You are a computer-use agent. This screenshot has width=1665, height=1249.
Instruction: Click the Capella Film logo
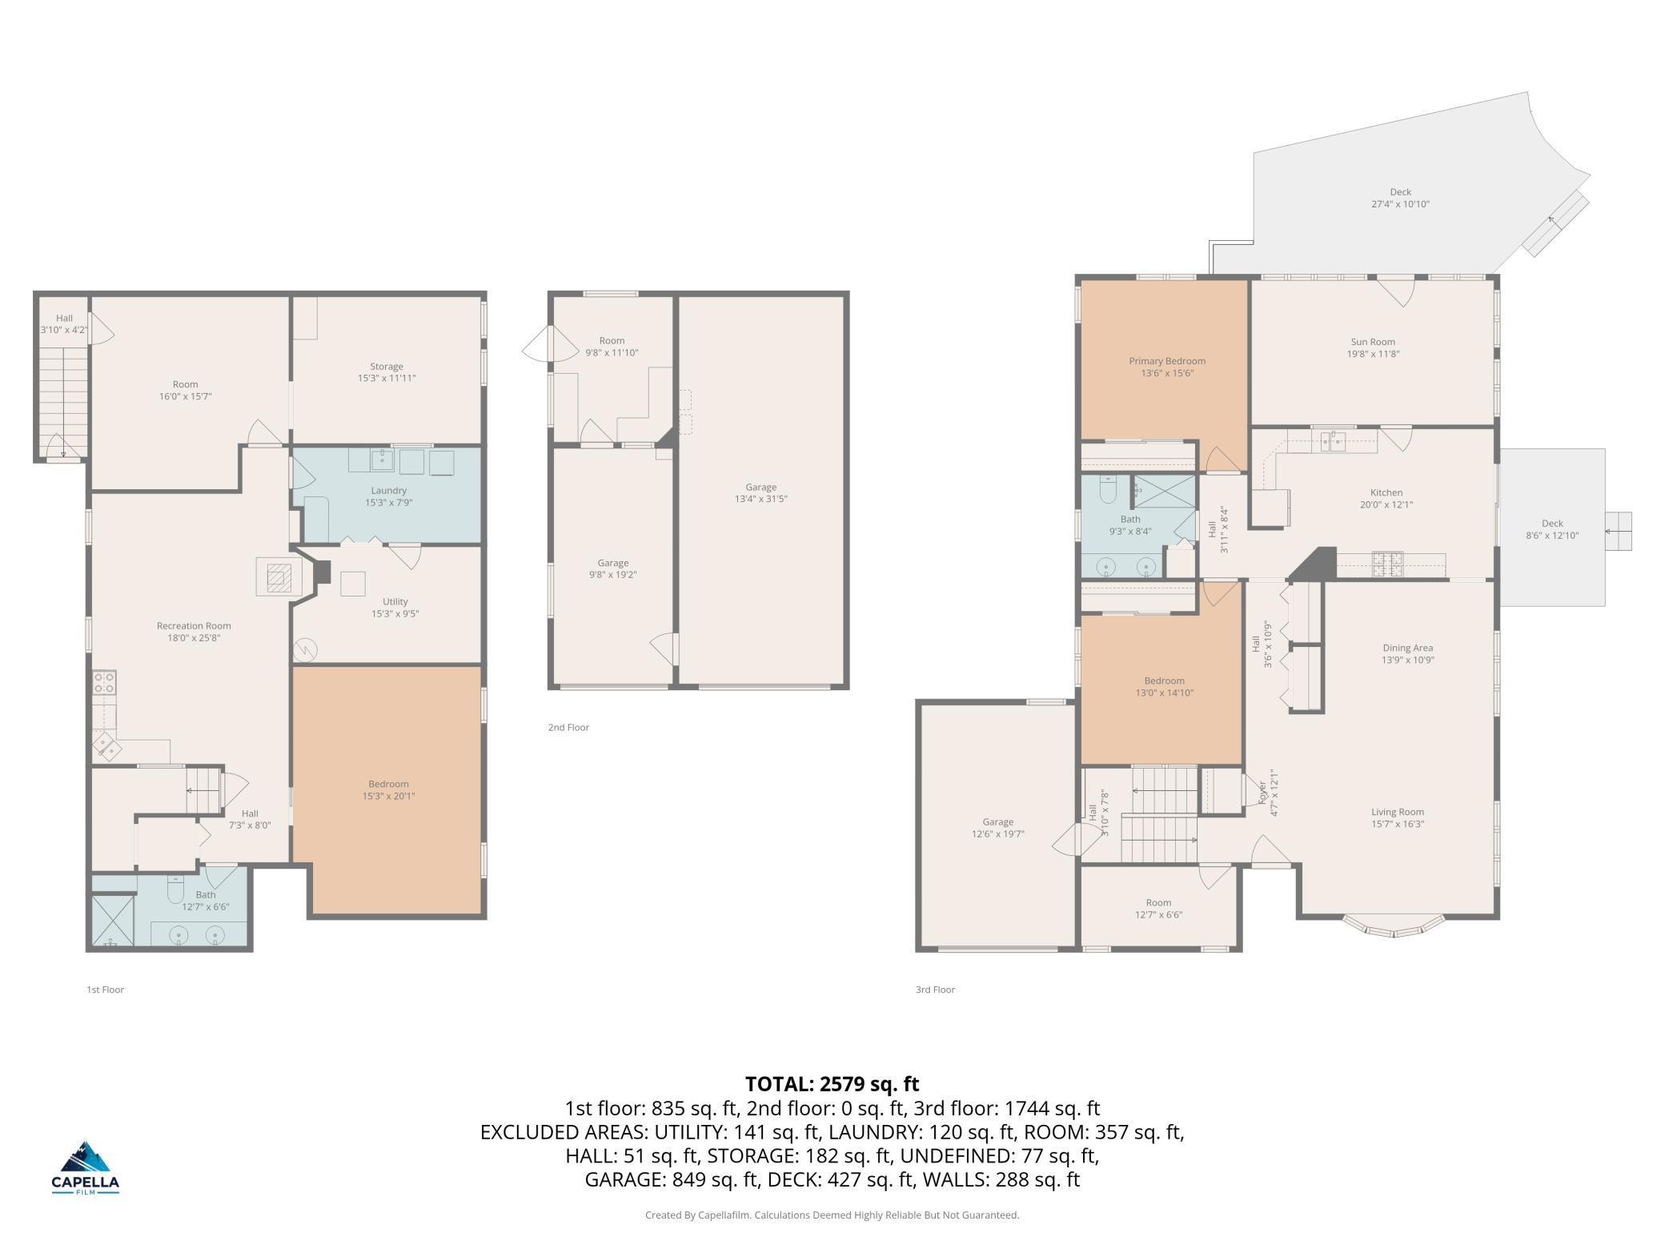(x=85, y=1167)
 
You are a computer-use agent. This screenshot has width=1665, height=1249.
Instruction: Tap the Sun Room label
(x=1372, y=342)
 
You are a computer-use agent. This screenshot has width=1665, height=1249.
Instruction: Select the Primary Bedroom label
(x=1167, y=361)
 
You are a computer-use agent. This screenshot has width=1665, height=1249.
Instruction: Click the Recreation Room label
(x=194, y=626)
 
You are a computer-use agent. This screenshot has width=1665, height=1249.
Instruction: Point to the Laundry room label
(x=389, y=491)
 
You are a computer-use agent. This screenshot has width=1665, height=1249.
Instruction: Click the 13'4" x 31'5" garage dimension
(x=760, y=499)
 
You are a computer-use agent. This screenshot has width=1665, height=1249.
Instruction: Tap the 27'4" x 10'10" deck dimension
(x=1400, y=204)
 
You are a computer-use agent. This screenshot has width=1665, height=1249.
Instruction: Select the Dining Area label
(x=1407, y=649)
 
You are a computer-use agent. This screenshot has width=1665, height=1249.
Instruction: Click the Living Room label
(x=1398, y=812)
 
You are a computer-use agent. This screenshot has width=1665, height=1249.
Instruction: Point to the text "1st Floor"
(x=105, y=990)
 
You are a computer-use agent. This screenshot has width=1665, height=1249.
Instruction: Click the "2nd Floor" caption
(x=568, y=728)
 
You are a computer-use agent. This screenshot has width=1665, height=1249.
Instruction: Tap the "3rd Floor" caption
(x=935, y=990)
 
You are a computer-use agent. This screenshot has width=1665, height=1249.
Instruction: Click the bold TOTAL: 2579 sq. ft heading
(x=832, y=1084)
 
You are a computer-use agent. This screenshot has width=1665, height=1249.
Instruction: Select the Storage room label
(x=387, y=367)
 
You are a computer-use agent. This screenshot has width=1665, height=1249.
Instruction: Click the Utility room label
(x=395, y=602)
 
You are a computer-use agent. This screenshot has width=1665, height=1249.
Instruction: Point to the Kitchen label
(x=1386, y=493)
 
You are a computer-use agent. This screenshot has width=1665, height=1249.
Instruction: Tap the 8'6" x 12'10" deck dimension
(x=1552, y=536)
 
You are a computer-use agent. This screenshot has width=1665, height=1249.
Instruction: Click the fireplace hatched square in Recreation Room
(x=279, y=576)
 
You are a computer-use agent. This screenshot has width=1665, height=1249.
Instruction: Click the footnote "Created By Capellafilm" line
(x=832, y=1215)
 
